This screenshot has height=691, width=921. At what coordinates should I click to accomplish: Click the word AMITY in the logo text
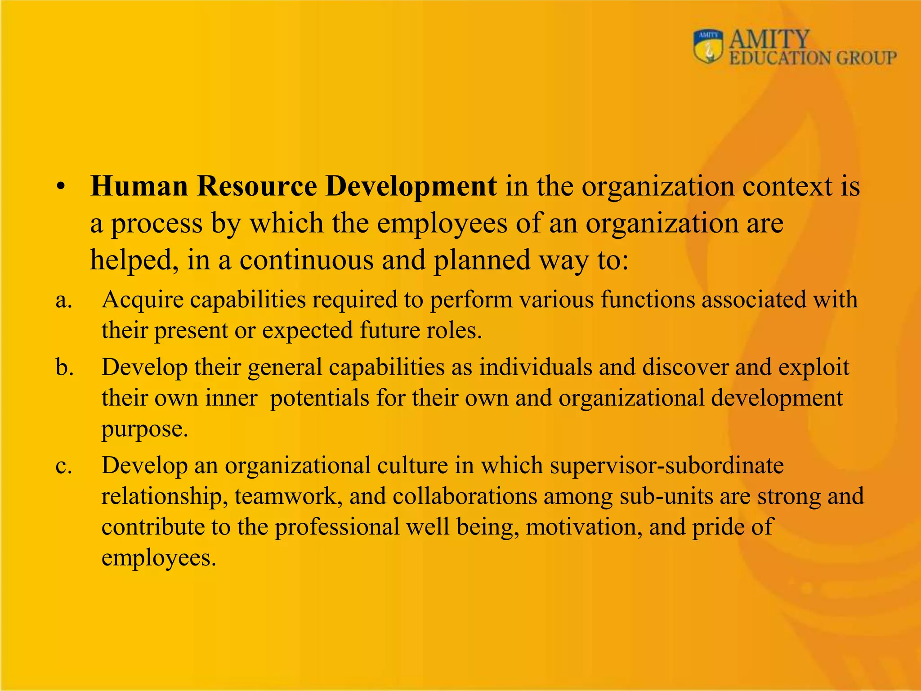tap(769, 40)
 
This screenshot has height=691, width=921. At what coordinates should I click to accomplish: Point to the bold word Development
tap(411, 186)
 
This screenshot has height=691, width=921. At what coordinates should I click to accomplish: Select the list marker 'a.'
tap(64, 301)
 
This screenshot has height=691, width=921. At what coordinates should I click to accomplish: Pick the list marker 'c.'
tap(64, 466)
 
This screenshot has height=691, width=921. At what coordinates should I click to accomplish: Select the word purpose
tap(144, 430)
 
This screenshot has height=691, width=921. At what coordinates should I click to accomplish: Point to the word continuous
tap(306, 260)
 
